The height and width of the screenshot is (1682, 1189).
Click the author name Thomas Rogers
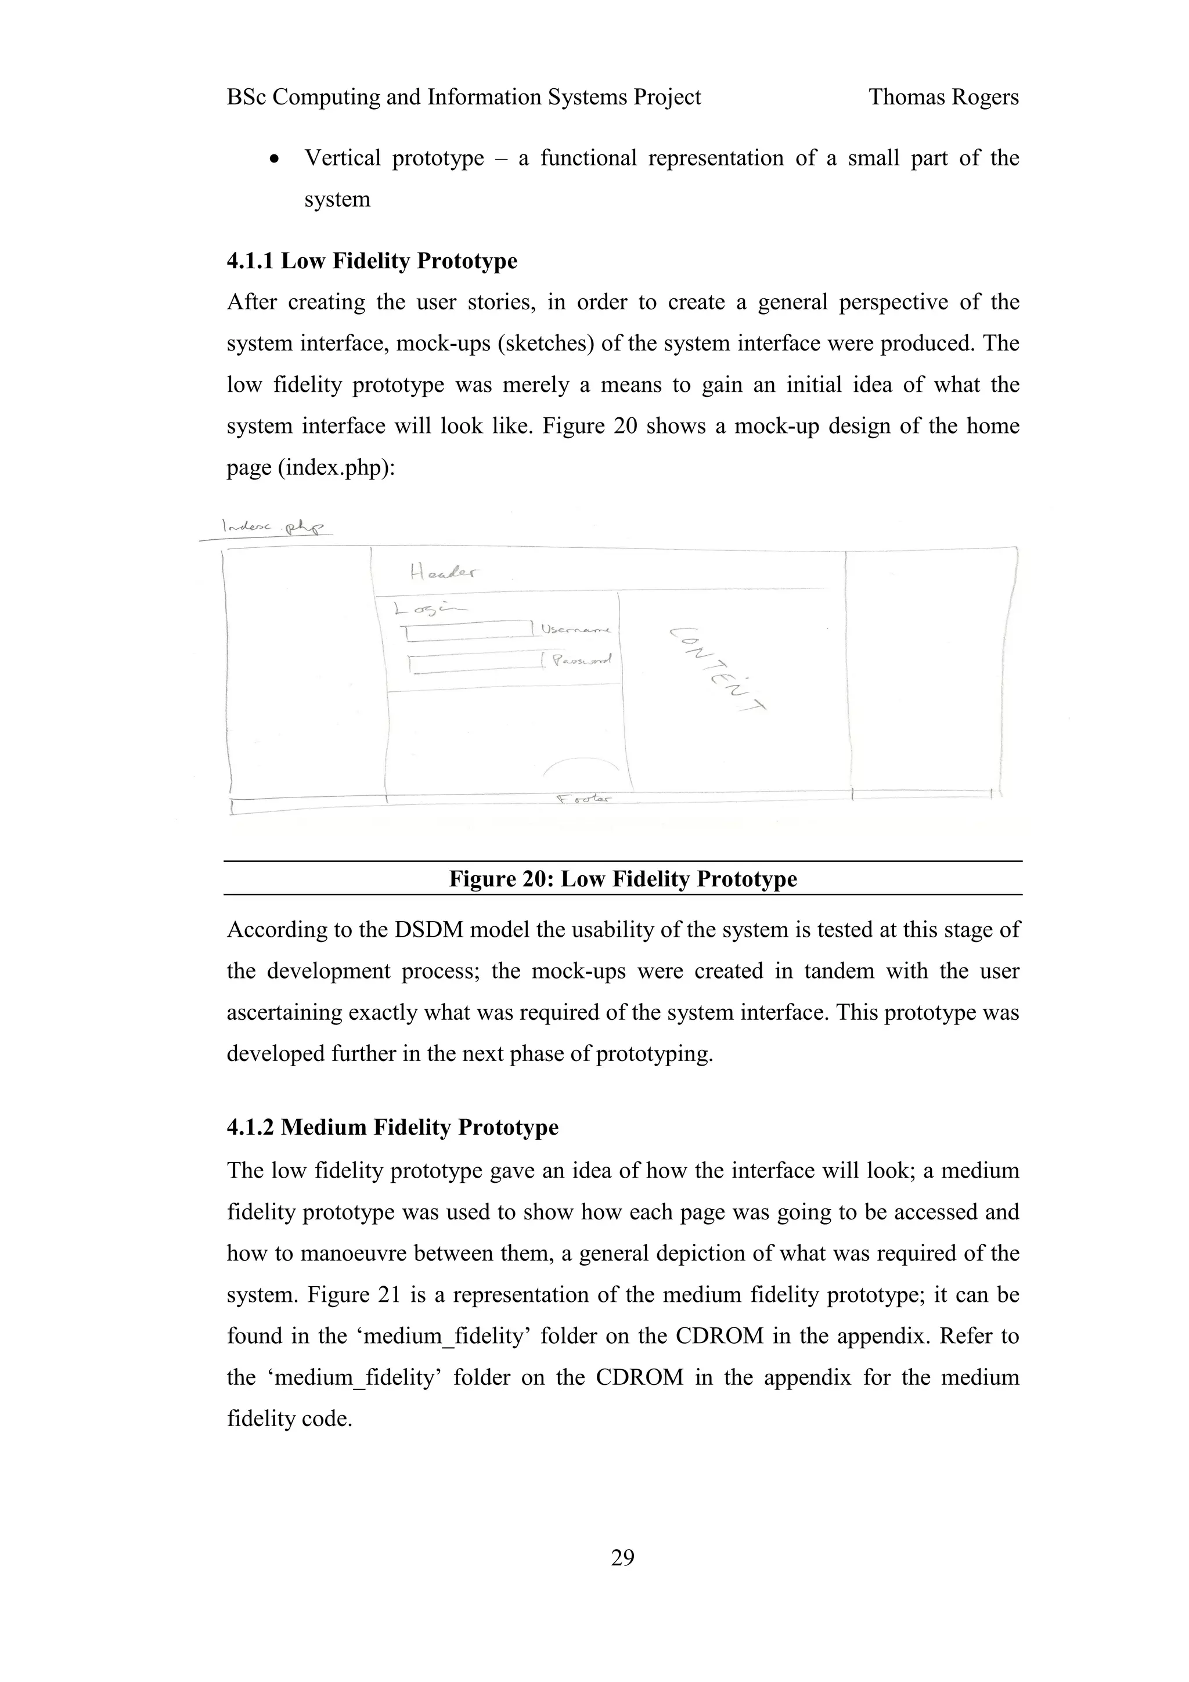(x=943, y=97)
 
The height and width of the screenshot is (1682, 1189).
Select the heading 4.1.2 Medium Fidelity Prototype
(x=392, y=1127)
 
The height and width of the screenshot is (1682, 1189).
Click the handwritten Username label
(x=577, y=629)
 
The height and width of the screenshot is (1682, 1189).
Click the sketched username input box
(x=469, y=631)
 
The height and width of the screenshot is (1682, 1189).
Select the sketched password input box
(x=475, y=662)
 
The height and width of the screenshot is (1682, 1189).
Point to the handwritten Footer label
(x=584, y=799)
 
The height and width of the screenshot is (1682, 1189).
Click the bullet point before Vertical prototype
(x=275, y=159)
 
